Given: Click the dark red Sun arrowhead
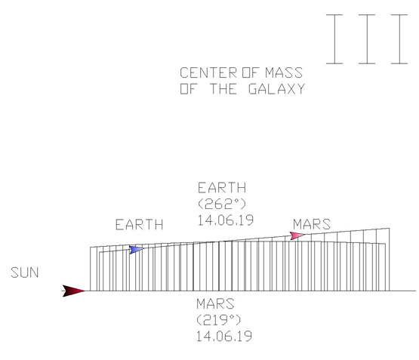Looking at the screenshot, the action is tap(73, 291).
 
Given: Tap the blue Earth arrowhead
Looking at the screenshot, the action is tap(136, 250).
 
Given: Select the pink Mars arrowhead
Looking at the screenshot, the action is tap(297, 235).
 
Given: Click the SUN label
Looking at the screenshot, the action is tap(25, 272).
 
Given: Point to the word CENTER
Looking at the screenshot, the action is tap(208, 72).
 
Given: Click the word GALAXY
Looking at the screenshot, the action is tap(276, 89).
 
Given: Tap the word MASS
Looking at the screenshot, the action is tap(284, 72).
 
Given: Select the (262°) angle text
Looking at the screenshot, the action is tap(222, 205).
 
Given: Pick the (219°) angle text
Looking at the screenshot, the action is tap(219, 320).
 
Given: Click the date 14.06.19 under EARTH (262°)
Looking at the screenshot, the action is tap(226, 220).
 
